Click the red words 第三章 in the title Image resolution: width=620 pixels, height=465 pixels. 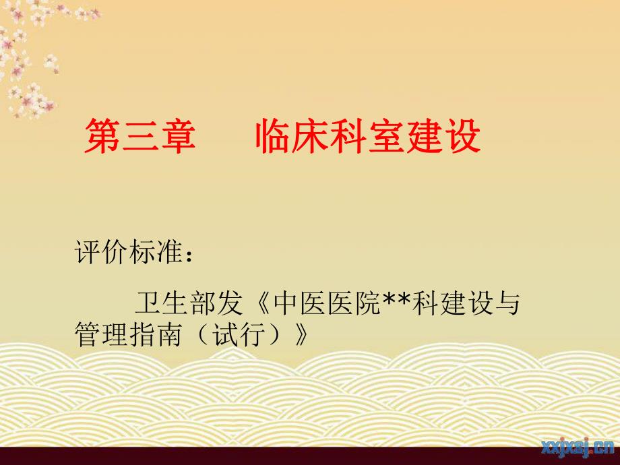[x=139, y=137]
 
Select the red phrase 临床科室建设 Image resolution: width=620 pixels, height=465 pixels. [x=367, y=137]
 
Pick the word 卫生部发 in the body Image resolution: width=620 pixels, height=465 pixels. [x=188, y=304]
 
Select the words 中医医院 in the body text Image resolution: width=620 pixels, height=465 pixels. [x=322, y=304]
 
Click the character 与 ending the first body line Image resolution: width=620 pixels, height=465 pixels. [x=507, y=304]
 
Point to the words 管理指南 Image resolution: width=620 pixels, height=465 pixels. [x=128, y=335]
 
